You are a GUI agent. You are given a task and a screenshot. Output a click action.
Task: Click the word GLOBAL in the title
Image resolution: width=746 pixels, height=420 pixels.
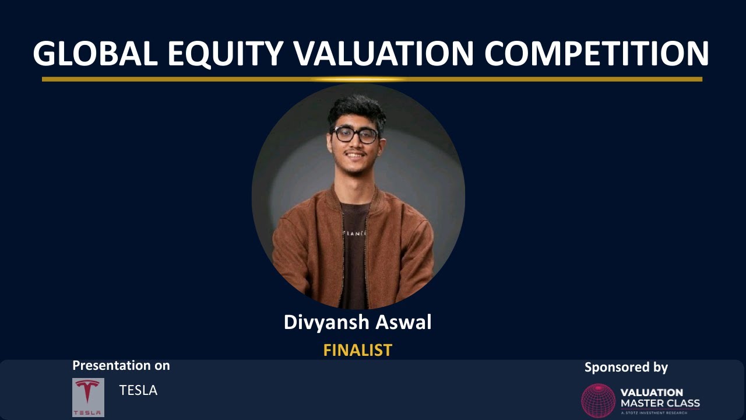(x=95, y=54)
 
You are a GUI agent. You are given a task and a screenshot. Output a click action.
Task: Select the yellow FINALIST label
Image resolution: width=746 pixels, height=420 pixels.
(x=357, y=350)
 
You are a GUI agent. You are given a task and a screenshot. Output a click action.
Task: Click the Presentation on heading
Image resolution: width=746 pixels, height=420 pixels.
(x=121, y=366)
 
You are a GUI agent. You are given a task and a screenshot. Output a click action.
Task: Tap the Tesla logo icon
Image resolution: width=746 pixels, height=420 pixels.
(x=88, y=397)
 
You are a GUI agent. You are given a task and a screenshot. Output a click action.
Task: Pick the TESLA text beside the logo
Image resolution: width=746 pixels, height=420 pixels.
(x=138, y=390)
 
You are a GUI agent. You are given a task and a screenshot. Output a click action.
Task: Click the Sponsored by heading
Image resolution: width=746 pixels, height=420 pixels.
(x=626, y=367)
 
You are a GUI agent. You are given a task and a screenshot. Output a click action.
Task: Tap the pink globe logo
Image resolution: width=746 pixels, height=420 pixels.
(x=598, y=400)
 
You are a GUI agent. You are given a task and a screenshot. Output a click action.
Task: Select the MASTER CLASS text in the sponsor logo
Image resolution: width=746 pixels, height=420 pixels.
(x=660, y=403)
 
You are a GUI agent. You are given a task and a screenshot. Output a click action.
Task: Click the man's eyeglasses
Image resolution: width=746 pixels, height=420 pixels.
(x=355, y=135)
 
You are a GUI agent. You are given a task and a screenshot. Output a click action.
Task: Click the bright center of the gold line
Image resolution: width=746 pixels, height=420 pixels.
(x=358, y=79)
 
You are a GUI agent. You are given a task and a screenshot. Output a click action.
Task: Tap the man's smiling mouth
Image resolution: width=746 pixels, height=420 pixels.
(x=356, y=156)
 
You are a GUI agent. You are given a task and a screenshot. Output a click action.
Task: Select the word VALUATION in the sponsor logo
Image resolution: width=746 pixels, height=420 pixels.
(x=652, y=393)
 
